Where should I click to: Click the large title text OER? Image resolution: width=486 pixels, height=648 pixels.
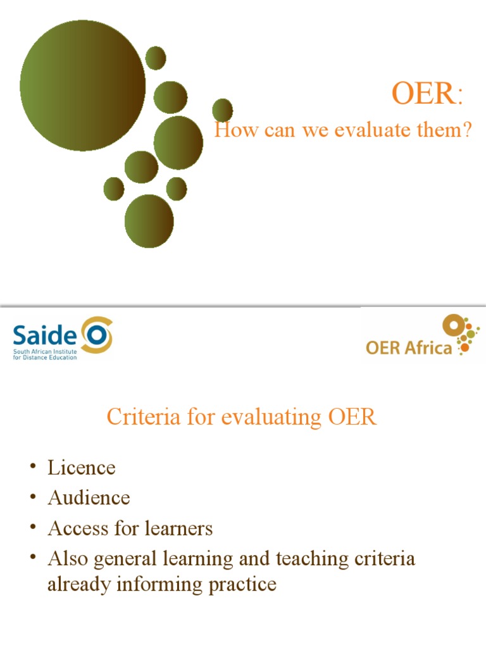[427, 95]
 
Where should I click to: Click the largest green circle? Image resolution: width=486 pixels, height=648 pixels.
[82, 85]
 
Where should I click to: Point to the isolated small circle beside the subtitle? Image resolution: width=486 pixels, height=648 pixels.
[222, 109]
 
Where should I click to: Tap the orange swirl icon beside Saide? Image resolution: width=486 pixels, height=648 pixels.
[97, 334]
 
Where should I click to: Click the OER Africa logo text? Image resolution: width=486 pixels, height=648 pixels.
[409, 347]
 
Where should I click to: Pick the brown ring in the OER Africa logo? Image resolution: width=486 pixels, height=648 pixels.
[453, 325]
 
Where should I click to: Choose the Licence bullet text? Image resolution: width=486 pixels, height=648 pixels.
[82, 468]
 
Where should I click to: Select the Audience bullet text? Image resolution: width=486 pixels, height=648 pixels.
[89, 498]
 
